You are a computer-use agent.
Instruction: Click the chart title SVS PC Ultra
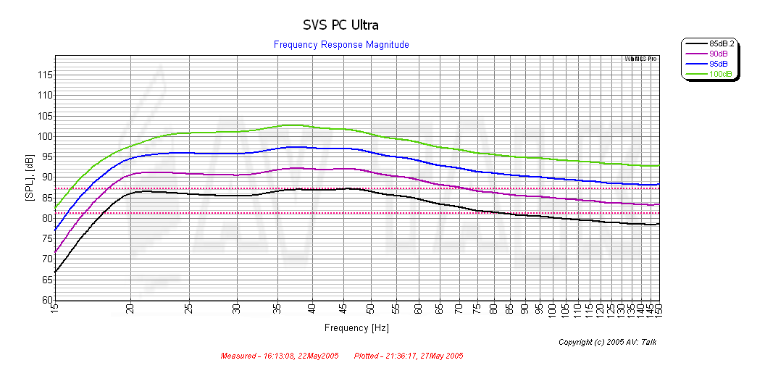tap(340, 25)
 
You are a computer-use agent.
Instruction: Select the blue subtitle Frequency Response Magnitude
tap(341, 45)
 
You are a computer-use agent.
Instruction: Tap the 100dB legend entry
tap(720, 75)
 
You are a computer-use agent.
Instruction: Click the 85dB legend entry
tap(722, 44)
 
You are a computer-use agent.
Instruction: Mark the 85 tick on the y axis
tap(45, 198)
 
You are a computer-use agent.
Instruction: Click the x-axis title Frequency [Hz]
tap(356, 328)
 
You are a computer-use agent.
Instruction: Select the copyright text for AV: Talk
tap(608, 342)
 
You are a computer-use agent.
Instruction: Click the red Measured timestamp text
tap(280, 356)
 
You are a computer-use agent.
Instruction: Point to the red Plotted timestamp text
tap(409, 356)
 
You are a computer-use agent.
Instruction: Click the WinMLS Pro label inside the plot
tap(640, 59)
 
